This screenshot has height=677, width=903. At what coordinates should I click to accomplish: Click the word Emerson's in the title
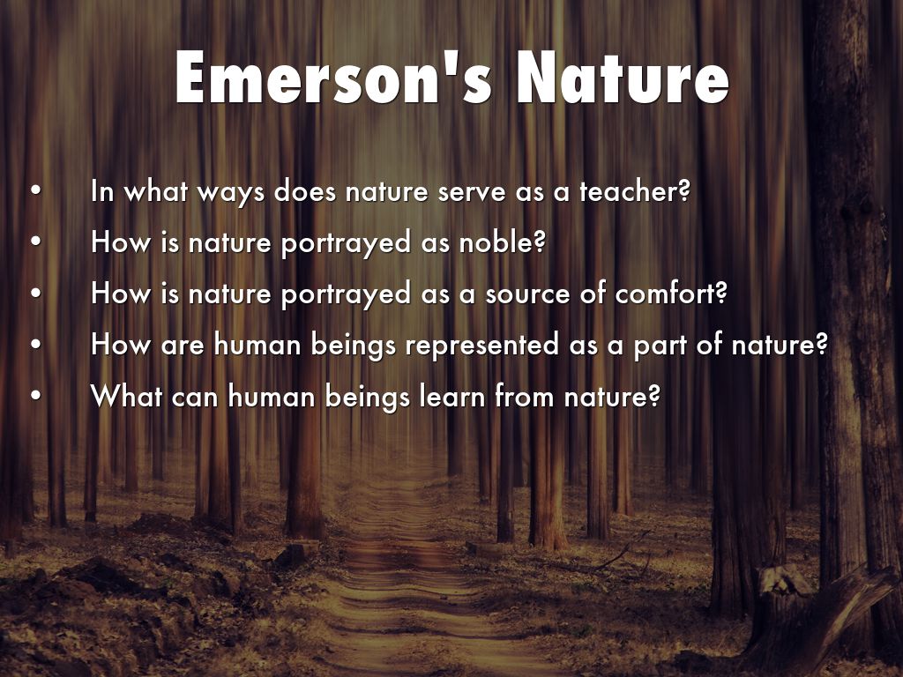click(x=333, y=78)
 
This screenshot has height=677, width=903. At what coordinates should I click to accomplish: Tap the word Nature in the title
click(x=623, y=78)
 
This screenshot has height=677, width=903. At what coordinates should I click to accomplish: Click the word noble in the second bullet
click(x=496, y=242)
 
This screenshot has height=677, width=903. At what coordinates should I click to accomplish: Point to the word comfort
click(x=665, y=293)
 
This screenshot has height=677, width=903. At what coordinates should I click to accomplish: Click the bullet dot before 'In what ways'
click(x=36, y=191)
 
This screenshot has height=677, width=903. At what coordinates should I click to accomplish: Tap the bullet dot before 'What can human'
click(x=36, y=396)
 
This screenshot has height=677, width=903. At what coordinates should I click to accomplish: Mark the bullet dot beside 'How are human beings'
click(x=36, y=345)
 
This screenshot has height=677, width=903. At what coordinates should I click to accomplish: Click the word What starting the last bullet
click(x=126, y=396)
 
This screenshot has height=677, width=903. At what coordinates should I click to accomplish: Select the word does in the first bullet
click(x=305, y=191)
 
